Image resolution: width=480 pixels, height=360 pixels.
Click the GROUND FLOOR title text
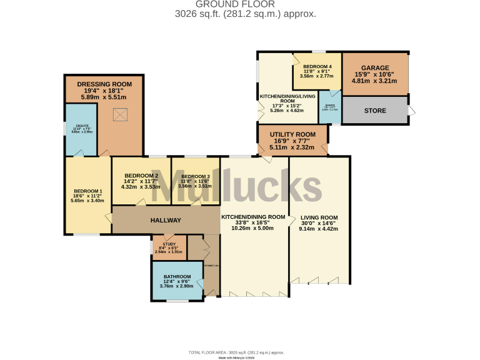(239, 4)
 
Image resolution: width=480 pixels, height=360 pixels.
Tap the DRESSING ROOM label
(104, 84)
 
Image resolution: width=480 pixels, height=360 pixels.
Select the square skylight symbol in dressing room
(120, 114)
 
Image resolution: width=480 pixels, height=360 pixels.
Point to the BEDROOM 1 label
(87, 191)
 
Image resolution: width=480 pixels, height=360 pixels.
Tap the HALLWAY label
(166, 221)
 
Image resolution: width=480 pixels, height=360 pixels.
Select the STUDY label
(169, 244)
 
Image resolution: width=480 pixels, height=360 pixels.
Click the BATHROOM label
(177, 276)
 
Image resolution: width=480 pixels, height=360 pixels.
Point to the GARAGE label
(375, 68)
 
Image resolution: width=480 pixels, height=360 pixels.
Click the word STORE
(375, 111)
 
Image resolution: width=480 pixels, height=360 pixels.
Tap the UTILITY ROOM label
(292, 135)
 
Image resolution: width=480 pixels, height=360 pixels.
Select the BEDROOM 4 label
(317, 66)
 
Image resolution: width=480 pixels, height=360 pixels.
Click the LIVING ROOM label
(319, 217)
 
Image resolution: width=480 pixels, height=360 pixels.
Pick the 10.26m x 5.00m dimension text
(253, 229)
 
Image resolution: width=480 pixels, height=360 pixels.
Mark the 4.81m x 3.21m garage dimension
(375, 81)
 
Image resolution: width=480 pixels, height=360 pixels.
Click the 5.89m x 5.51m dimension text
(104, 97)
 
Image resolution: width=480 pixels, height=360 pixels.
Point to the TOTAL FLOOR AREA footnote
(240, 352)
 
